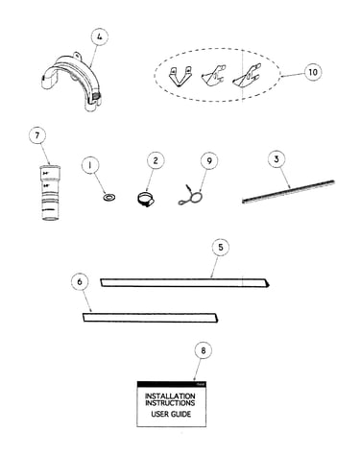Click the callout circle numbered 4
click(100, 37)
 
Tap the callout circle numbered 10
click(312, 72)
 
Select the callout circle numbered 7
click(37, 135)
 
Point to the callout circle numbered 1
click(90, 165)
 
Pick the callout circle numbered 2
click(156, 160)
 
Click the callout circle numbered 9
click(209, 160)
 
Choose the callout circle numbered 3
click(276, 159)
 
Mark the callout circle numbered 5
click(221, 247)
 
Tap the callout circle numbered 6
click(80, 281)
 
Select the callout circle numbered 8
click(204, 350)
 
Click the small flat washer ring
click(109, 198)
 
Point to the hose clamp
click(146, 199)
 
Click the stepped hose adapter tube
click(50, 192)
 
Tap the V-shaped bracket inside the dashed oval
click(180, 77)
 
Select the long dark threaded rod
click(288, 192)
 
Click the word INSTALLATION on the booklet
click(170, 396)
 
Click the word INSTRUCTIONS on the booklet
click(170, 403)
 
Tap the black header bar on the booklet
click(171, 384)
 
